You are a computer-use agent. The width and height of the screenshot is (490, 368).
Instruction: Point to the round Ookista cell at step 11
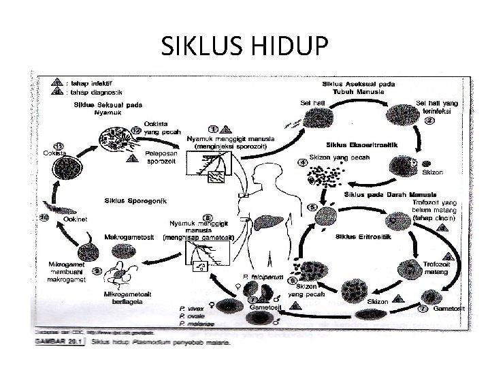tap(71, 169)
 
